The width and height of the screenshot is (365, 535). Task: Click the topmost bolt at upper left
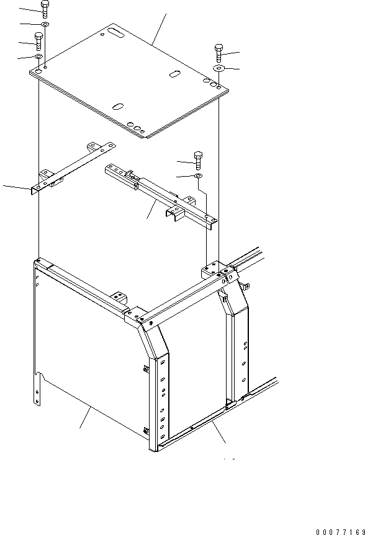click(44, 8)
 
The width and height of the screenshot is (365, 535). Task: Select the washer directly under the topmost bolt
click(45, 24)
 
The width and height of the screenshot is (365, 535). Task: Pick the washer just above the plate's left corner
click(38, 57)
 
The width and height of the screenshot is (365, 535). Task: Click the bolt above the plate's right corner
click(219, 51)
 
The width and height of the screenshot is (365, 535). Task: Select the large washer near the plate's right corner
click(219, 67)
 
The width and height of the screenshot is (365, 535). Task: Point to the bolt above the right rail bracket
click(198, 160)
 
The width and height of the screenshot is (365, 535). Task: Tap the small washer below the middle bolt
click(197, 177)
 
